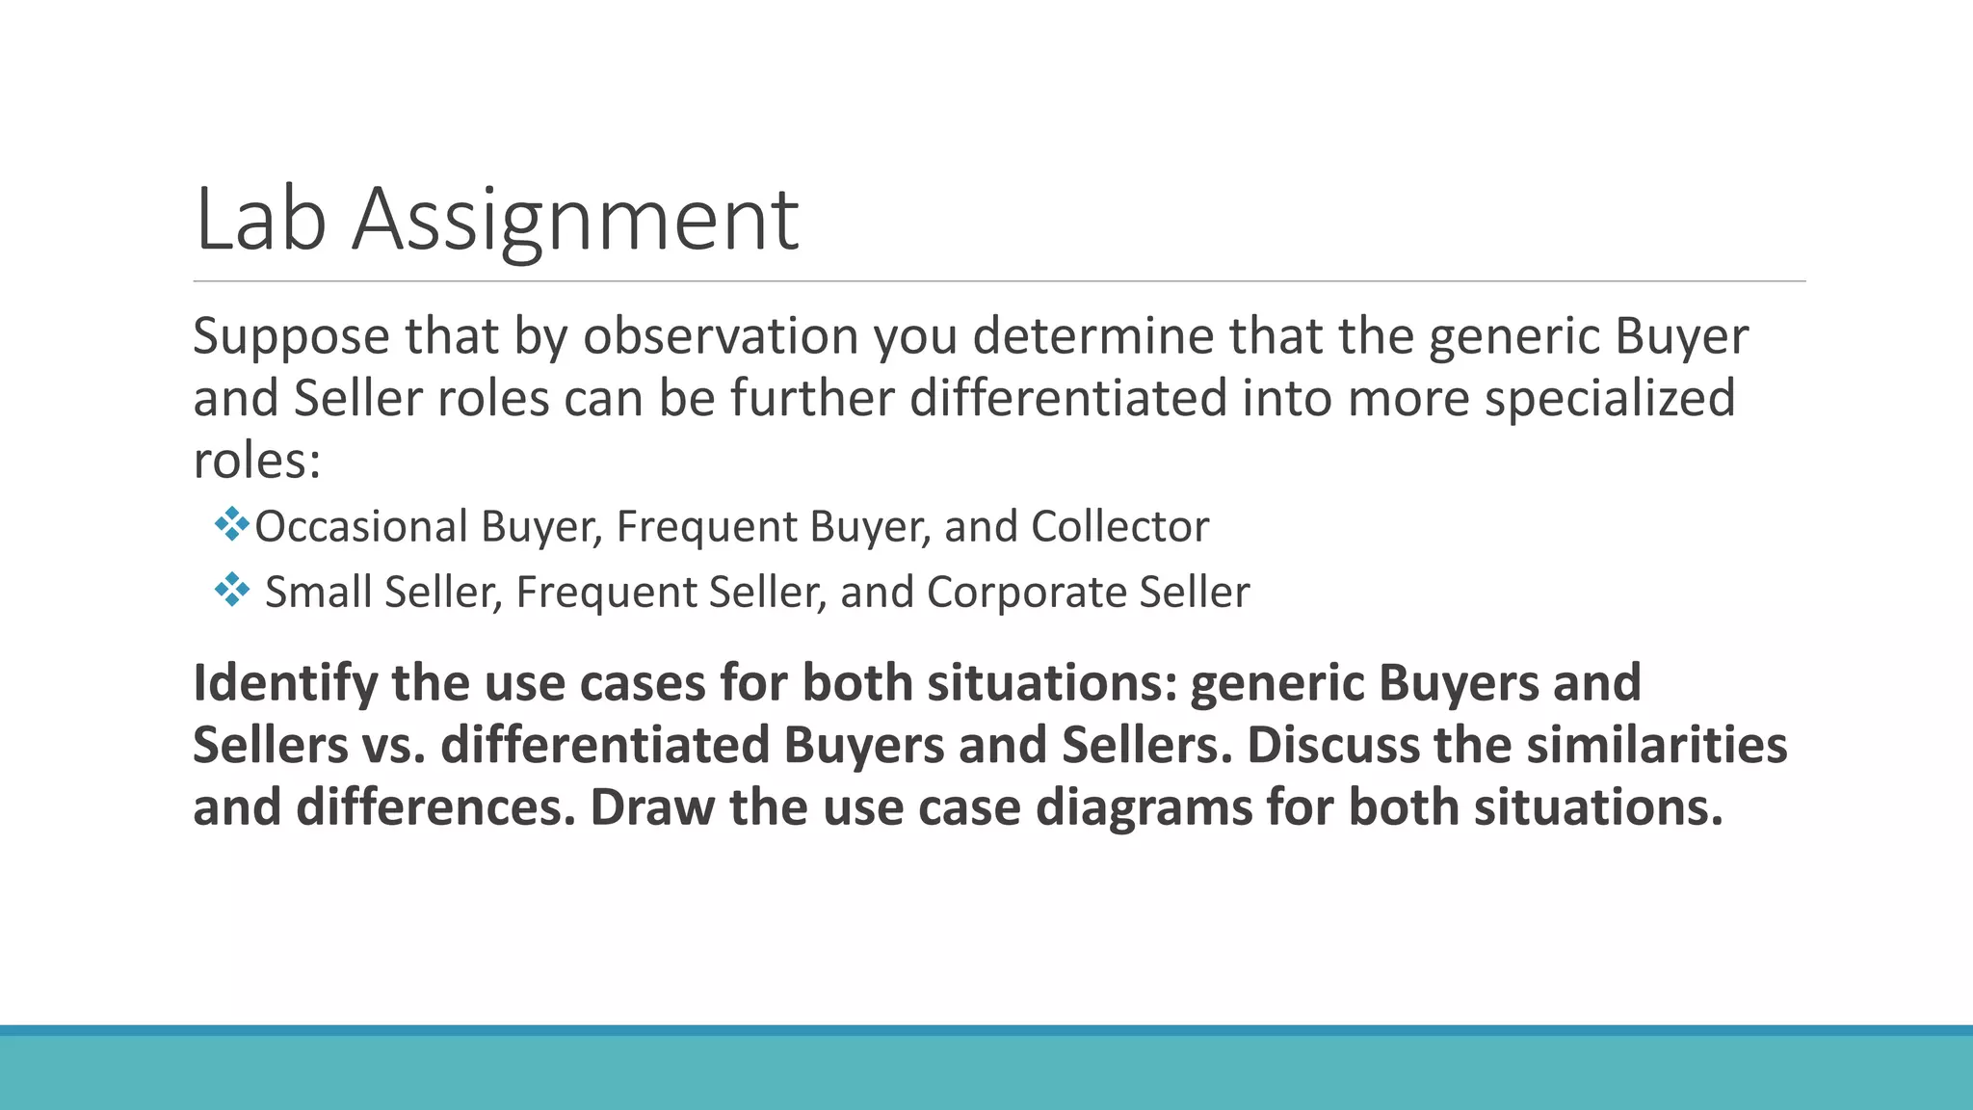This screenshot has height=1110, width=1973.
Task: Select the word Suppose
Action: pyautogui.click(x=291, y=337)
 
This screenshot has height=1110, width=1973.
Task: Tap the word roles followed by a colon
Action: pyautogui.click(x=256, y=460)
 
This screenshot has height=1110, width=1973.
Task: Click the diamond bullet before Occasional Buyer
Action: pyautogui.click(x=232, y=525)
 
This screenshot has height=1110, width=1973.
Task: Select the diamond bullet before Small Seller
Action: pyautogui.click(x=232, y=590)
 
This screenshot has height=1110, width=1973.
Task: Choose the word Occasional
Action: pyautogui.click(x=361, y=527)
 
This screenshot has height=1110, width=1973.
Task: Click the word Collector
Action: pyautogui.click(x=1119, y=527)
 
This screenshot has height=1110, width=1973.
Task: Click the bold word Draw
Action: pyautogui.click(x=651, y=807)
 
